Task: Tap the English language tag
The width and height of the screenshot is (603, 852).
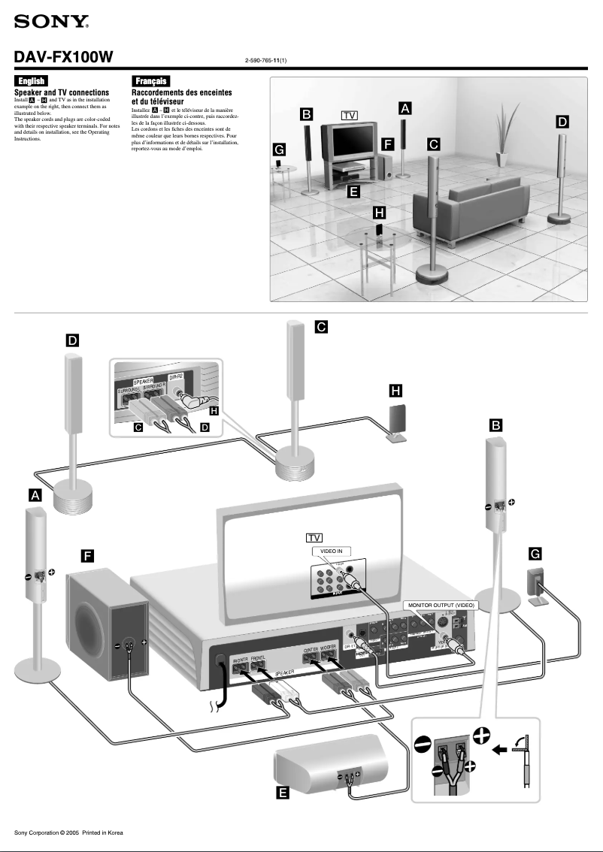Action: pyautogui.click(x=31, y=81)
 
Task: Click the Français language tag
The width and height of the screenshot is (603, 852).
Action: pyautogui.click(x=150, y=81)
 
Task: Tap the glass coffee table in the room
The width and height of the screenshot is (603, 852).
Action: pyautogui.click(x=378, y=245)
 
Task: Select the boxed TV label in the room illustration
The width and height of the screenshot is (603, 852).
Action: pyautogui.click(x=349, y=116)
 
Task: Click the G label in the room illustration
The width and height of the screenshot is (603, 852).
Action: pyautogui.click(x=279, y=150)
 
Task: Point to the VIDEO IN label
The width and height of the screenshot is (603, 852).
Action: pyautogui.click(x=332, y=551)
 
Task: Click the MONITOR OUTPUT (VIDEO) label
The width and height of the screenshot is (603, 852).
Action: pyautogui.click(x=441, y=604)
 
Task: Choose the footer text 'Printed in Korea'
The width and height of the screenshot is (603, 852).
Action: pyautogui.click(x=102, y=832)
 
